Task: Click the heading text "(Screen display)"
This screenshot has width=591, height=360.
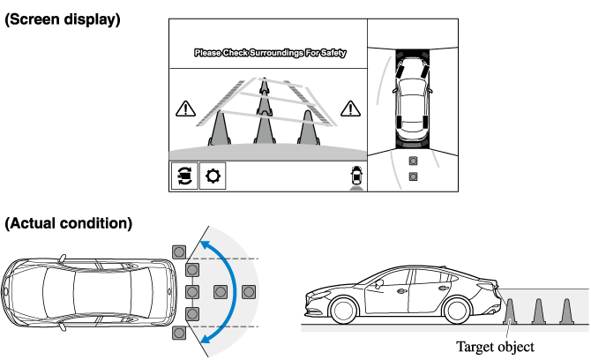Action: point(62,19)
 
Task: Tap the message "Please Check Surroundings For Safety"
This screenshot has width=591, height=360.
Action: point(270,54)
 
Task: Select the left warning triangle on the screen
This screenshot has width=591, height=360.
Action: point(185,109)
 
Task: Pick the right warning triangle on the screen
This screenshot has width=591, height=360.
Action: point(352,109)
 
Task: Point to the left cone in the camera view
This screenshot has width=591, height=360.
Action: point(220,128)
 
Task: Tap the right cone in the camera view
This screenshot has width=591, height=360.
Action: point(307,128)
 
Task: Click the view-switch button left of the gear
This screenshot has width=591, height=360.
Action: point(183,176)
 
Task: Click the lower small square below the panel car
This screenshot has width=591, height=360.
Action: point(413,176)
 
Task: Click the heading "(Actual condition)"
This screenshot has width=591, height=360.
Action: point(69,223)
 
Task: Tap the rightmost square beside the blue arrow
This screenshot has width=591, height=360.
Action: point(250,291)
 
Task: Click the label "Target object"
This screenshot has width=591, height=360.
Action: point(495,347)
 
